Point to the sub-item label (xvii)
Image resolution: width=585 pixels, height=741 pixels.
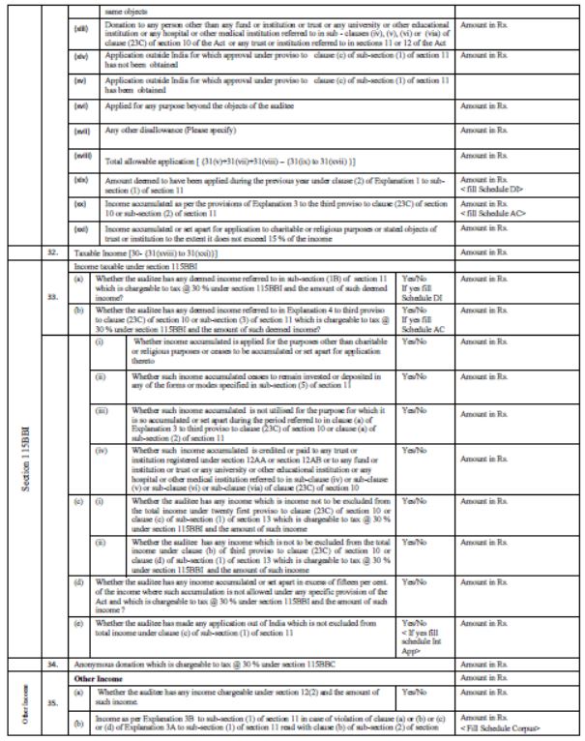83,130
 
